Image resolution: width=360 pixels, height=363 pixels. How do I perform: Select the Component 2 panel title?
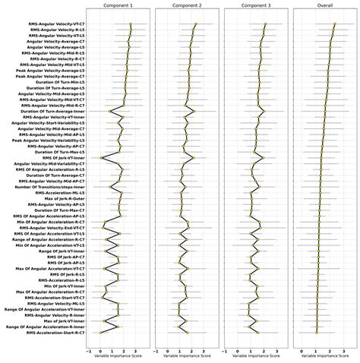click(x=184, y=5)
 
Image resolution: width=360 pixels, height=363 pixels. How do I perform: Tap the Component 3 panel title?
click(x=251, y=5)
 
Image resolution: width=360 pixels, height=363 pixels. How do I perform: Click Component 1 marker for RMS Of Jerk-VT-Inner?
click(x=102, y=157)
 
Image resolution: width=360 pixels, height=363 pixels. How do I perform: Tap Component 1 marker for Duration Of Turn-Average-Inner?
click(x=110, y=111)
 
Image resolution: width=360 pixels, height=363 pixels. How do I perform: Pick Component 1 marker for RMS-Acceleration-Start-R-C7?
click(x=101, y=332)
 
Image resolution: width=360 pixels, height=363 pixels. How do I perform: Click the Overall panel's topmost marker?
click(x=334, y=24)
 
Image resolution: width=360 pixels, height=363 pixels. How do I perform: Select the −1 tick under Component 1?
click(x=90, y=351)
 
